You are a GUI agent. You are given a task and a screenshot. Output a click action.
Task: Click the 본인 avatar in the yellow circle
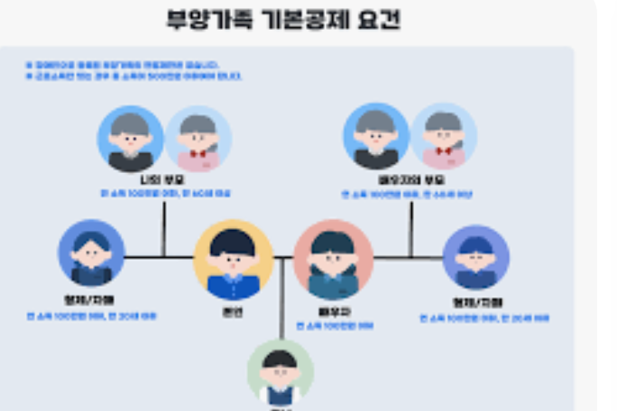(x=233, y=259)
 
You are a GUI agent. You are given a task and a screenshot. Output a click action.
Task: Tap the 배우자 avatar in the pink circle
(x=333, y=260)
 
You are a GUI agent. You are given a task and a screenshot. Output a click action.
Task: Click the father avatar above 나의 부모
(x=131, y=139)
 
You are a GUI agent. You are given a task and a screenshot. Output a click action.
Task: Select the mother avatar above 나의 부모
(x=198, y=139)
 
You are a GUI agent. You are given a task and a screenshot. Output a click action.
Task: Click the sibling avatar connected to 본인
(x=91, y=253)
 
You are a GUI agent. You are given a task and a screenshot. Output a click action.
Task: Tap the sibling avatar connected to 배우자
(x=475, y=258)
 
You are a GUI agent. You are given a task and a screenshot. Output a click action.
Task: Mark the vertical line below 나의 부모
(x=163, y=230)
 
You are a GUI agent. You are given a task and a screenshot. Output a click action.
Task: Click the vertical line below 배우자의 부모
(x=410, y=231)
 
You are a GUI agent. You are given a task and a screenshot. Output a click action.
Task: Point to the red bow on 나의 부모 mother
(x=198, y=153)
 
